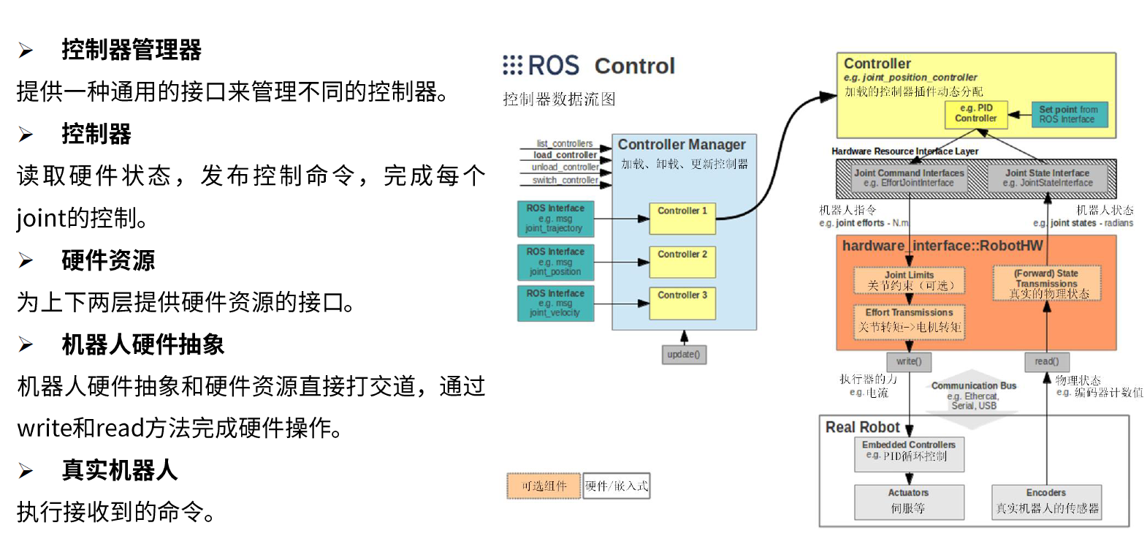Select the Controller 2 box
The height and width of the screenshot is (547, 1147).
[x=682, y=262]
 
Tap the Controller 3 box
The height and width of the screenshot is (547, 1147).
[x=682, y=303]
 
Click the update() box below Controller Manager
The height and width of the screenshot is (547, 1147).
[x=684, y=355]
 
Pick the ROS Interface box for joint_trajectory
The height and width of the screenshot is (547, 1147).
[x=555, y=219]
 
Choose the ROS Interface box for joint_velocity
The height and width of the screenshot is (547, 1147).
[x=555, y=303]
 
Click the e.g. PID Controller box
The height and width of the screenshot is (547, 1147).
[x=975, y=113]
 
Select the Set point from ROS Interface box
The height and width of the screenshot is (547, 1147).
[x=1068, y=114]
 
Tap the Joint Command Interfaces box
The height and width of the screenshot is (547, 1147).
[x=909, y=178]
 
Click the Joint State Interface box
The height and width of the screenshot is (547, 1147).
[x=1047, y=178]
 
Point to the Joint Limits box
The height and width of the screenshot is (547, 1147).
[x=909, y=280]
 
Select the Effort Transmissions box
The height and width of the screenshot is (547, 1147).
[x=909, y=321]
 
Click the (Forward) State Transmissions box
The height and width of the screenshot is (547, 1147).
[x=1046, y=283]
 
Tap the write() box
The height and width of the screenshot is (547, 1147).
[x=909, y=361]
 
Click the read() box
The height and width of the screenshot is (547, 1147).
[x=1046, y=361]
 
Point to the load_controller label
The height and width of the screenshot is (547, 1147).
[x=565, y=155]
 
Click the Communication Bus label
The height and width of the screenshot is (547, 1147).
[x=973, y=386]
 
